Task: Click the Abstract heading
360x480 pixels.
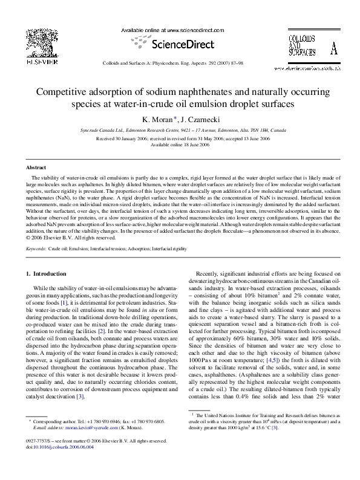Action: pyautogui.click(x=36, y=167)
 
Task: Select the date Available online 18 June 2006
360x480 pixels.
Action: pyautogui.click(x=180, y=145)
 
